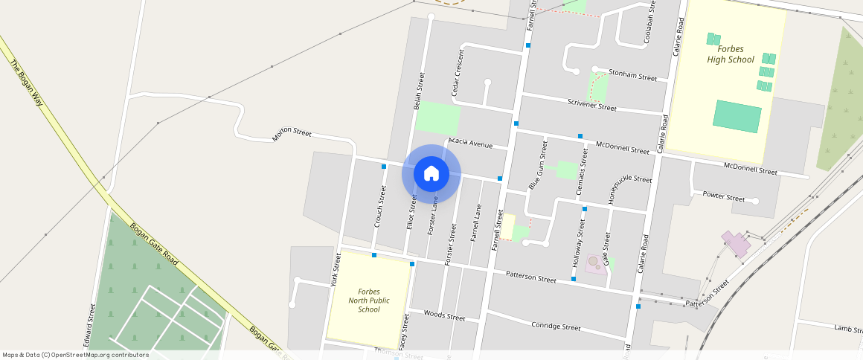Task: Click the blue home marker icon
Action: [431, 174]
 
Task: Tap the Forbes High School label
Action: [730, 54]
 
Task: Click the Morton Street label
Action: [292, 134]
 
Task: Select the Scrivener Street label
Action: [591, 104]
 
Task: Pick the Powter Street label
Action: [723, 197]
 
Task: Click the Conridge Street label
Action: [556, 326]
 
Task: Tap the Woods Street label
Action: [444, 315]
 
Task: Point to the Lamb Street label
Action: [848, 327]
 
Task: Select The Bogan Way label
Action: [28, 83]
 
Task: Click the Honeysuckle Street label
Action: [630, 190]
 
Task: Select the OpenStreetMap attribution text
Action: [75, 355]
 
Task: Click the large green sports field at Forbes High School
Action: [737, 116]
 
